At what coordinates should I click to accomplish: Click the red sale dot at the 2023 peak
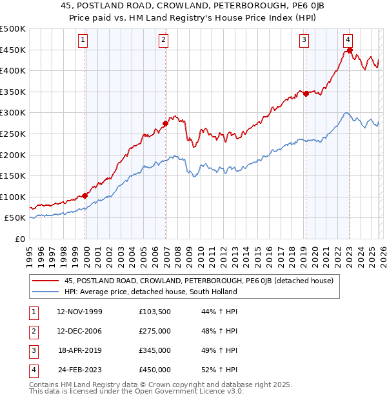tap(350, 50)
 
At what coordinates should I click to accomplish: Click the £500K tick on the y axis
tap(13, 29)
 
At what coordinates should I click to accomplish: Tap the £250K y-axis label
tap(13, 134)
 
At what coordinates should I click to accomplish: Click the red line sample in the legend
tap(46, 281)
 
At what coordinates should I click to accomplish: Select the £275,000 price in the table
tap(155, 331)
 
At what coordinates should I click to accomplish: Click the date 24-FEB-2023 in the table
tap(79, 370)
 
